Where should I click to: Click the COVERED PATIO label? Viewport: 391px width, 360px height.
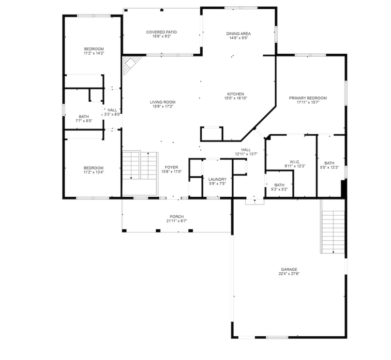[161, 32]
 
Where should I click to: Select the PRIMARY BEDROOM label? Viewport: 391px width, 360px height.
[308, 98]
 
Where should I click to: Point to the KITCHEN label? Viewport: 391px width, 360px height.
[235, 94]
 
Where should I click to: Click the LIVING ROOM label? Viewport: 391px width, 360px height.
[163, 102]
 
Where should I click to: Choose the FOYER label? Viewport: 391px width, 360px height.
[171, 167]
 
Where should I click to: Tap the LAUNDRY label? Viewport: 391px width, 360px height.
[217, 179]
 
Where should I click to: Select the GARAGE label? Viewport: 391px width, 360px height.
[289, 269]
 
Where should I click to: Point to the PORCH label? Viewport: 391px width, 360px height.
[177, 217]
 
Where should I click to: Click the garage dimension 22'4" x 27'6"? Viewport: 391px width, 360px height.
[289, 274]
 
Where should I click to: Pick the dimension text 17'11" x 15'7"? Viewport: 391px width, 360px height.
[308, 102]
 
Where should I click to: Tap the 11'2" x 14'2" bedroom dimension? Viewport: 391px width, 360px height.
[94, 53]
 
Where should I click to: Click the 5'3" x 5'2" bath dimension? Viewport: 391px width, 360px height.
[279, 189]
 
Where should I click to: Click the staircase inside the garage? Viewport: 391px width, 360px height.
[333, 232]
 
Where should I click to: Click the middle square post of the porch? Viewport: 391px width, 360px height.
[158, 231]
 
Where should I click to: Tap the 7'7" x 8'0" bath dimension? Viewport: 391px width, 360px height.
[84, 121]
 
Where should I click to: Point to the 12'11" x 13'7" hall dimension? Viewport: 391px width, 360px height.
[246, 154]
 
